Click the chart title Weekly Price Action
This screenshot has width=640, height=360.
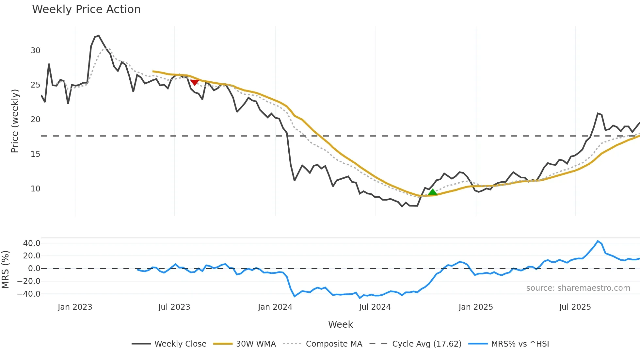tap(86, 9)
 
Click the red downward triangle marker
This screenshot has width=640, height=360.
tap(195, 82)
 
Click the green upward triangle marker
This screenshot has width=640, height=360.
tap(432, 192)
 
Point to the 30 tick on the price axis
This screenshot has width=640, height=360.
tap(36, 51)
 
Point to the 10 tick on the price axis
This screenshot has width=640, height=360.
tap(36, 189)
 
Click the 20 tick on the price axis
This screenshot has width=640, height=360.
tap(36, 120)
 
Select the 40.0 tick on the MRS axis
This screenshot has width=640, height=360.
tap(32, 243)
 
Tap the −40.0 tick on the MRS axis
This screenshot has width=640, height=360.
tap(29, 294)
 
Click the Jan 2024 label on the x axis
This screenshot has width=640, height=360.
tap(275, 307)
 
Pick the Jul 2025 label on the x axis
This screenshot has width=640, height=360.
tap(575, 307)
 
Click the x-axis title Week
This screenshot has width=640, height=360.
tap(340, 324)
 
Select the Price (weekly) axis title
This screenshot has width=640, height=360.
tap(15, 121)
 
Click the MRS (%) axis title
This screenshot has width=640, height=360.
tap(5, 270)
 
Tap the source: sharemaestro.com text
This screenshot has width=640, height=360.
tap(578, 288)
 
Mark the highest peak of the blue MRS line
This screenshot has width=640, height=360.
tap(598, 241)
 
